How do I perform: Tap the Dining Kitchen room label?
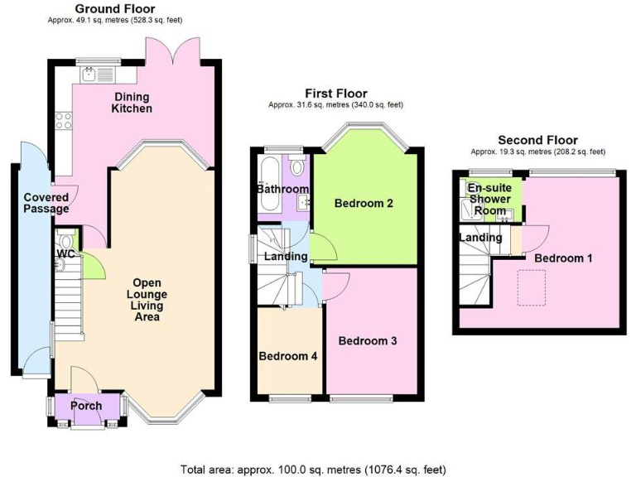(x=132, y=102)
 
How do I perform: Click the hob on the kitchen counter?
(x=63, y=123)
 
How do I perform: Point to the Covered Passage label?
(x=46, y=203)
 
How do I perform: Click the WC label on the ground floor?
(x=66, y=254)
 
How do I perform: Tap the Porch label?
(x=87, y=406)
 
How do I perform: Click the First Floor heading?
(x=335, y=94)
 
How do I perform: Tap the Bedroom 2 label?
(x=364, y=203)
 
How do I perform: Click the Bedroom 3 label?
(x=367, y=340)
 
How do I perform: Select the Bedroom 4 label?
(x=287, y=357)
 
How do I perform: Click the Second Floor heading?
(x=537, y=141)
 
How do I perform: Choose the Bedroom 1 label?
(x=563, y=258)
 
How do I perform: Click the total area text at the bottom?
(x=318, y=470)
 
